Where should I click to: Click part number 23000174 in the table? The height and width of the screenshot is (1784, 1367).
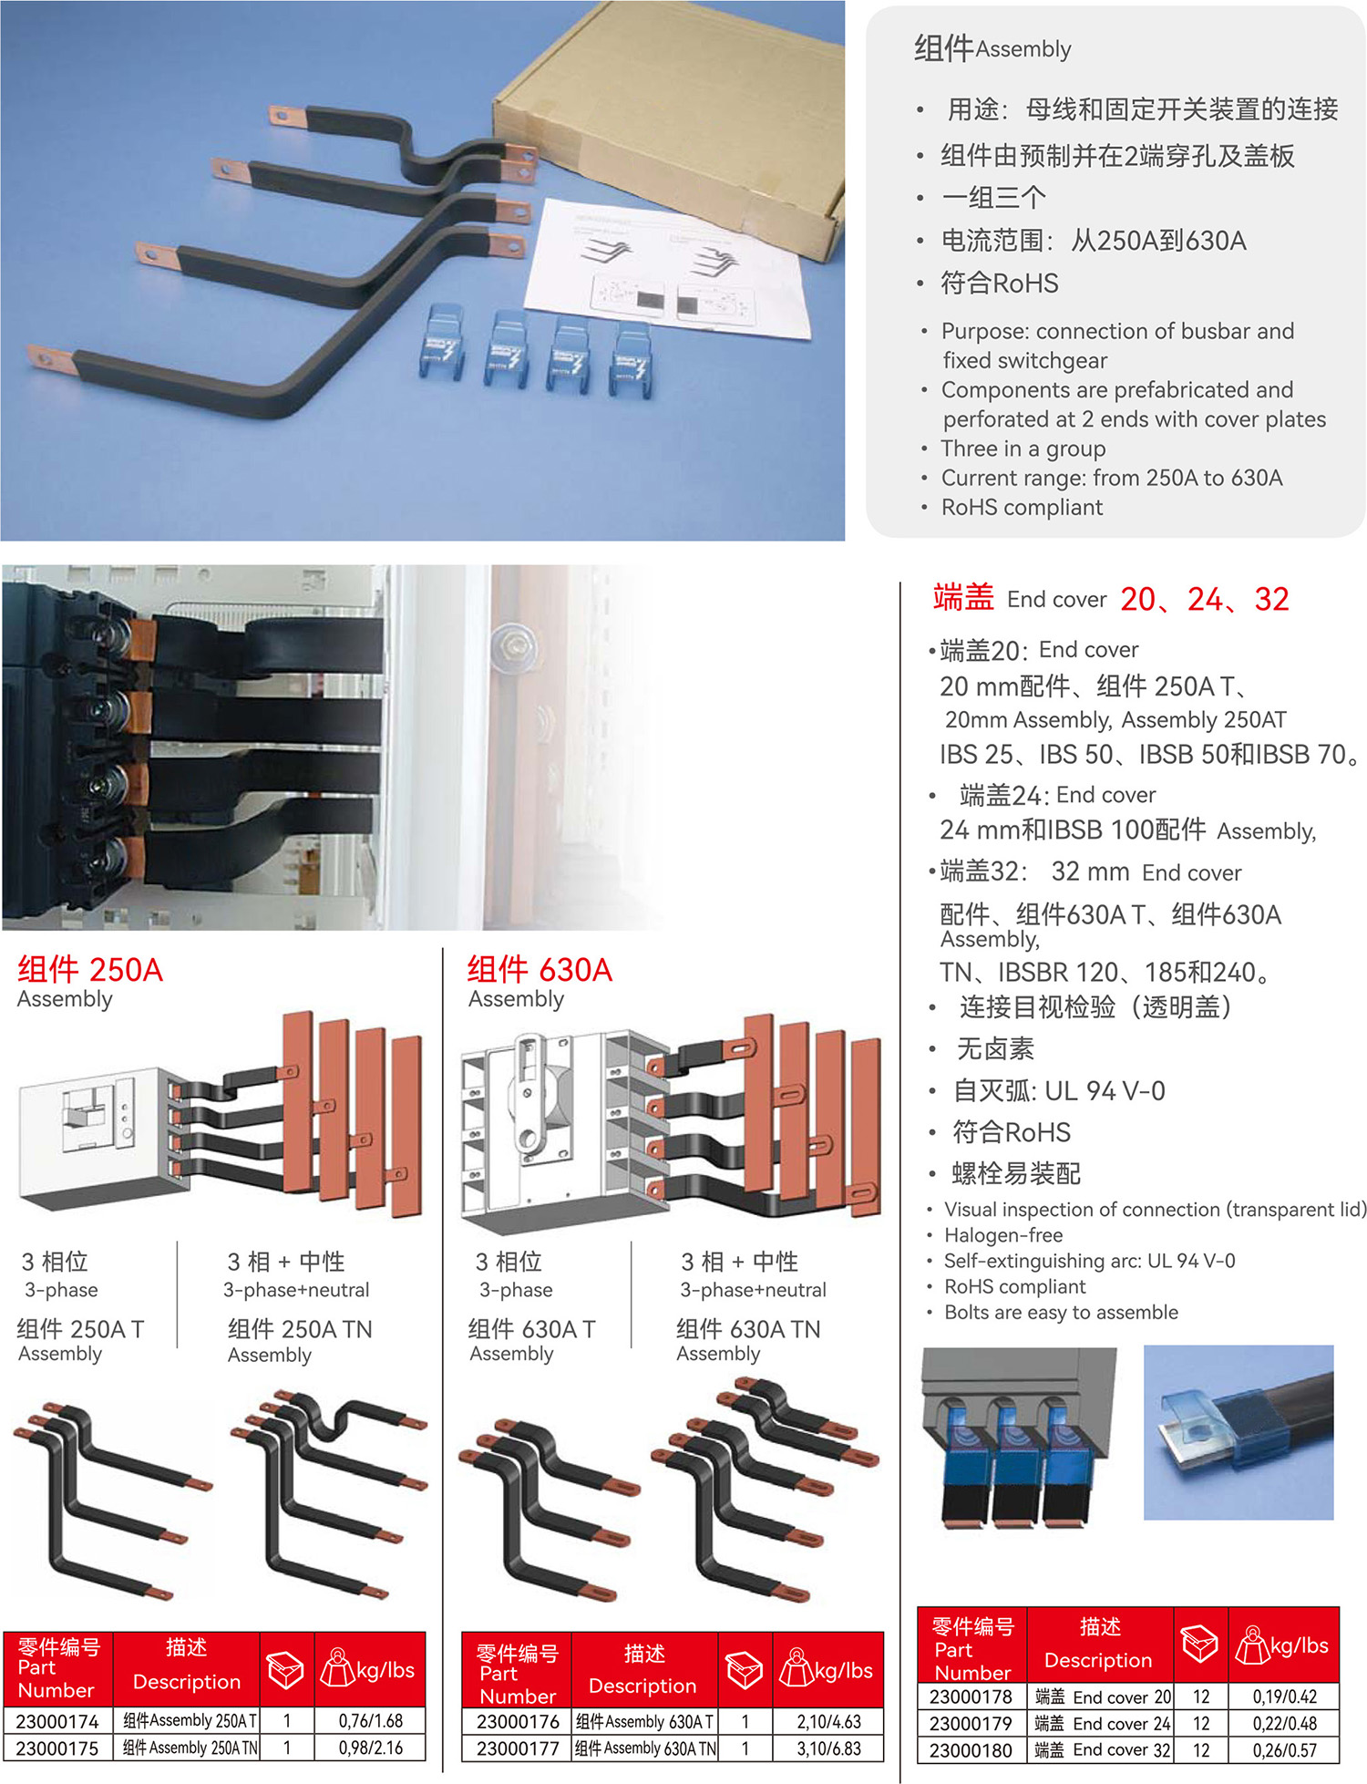tap(57, 1721)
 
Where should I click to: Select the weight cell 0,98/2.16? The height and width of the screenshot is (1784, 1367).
tap(371, 1748)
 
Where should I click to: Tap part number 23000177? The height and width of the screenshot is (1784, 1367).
tap(518, 1748)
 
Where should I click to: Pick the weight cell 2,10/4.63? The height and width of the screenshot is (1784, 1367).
tap(828, 1721)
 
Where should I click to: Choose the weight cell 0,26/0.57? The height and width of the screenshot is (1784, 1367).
tap(1284, 1749)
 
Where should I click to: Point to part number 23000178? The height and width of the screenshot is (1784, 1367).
tap(971, 1696)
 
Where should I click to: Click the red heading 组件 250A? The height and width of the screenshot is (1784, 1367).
tap(90, 969)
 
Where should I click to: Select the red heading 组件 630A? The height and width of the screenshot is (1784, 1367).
tap(540, 969)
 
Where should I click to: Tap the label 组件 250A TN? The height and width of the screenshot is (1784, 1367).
tap(300, 1329)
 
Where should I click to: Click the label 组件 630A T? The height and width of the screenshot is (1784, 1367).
tap(531, 1329)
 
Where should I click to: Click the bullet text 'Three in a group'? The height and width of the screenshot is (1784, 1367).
tap(1023, 449)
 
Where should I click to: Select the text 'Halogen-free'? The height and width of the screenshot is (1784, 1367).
tap(1003, 1235)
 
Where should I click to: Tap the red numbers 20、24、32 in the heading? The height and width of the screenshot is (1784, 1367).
tap(1205, 599)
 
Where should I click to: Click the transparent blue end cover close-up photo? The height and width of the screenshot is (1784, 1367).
tap(1239, 1432)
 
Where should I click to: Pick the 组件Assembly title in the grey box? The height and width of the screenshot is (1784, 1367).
tap(992, 48)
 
